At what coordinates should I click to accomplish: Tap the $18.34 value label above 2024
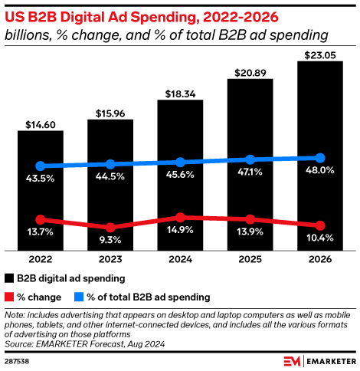(180, 94)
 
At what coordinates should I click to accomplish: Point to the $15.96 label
(110, 113)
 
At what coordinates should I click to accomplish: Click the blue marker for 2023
(110, 164)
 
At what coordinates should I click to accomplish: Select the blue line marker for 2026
(319, 157)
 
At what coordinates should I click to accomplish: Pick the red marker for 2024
(180, 218)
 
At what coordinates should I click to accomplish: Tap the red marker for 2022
(41, 219)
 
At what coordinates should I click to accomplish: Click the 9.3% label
(110, 241)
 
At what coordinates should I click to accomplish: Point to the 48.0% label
(319, 170)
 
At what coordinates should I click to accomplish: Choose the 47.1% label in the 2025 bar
(250, 173)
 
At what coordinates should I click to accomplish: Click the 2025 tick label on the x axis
(250, 260)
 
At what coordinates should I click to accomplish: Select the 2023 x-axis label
(110, 260)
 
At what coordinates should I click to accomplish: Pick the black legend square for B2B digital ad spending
(9, 277)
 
